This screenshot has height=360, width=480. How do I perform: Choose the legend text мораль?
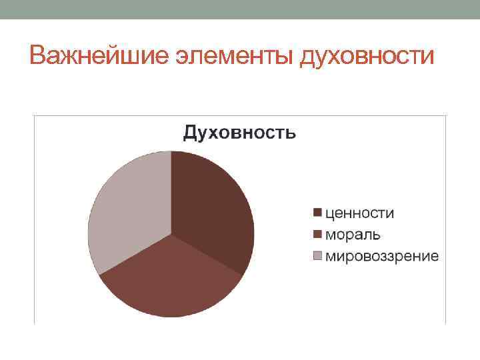[x=353, y=235]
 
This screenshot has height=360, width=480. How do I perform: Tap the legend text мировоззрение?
[x=382, y=256]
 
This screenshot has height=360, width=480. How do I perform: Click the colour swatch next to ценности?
[x=318, y=213]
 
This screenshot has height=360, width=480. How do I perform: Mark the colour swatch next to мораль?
[x=318, y=235]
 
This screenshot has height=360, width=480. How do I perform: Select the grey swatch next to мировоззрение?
[x=318, y=256]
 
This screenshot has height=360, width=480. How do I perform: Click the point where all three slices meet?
[x=171, y=234]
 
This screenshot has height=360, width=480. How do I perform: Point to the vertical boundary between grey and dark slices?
[x=171, y=193]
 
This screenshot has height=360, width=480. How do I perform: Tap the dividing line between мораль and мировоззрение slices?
[x=135, y=254]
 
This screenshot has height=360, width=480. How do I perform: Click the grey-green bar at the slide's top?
[x=240, y=9]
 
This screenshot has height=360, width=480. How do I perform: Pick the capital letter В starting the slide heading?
[x=38, y=56]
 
